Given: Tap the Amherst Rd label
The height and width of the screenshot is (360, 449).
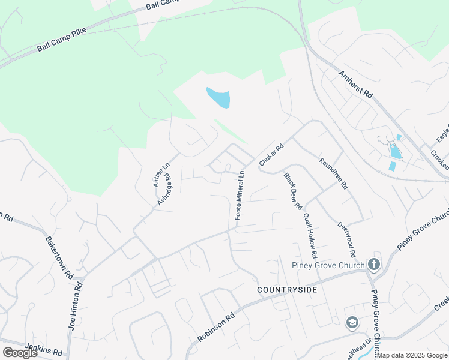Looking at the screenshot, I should pos(355,86).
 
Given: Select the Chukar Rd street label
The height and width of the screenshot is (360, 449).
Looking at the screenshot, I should pos(271,155).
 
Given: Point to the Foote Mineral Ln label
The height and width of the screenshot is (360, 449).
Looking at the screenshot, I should pos(240,195).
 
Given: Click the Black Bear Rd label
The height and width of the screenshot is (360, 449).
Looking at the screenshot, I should pos(292,191).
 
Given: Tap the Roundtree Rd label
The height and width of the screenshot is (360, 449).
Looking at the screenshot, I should pos(334,173).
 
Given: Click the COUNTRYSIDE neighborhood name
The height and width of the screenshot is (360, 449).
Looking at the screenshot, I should pos(286,290).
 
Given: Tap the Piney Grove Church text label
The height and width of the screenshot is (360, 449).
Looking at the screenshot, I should pos(328,266).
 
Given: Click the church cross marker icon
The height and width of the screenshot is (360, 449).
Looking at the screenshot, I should pos(373,264).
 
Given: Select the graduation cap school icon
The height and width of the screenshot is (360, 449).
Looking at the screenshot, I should pos(352,323).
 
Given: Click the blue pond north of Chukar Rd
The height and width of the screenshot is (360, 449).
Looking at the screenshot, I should pos(218,97).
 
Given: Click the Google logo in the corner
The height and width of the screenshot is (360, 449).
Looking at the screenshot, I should pos(20,353).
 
